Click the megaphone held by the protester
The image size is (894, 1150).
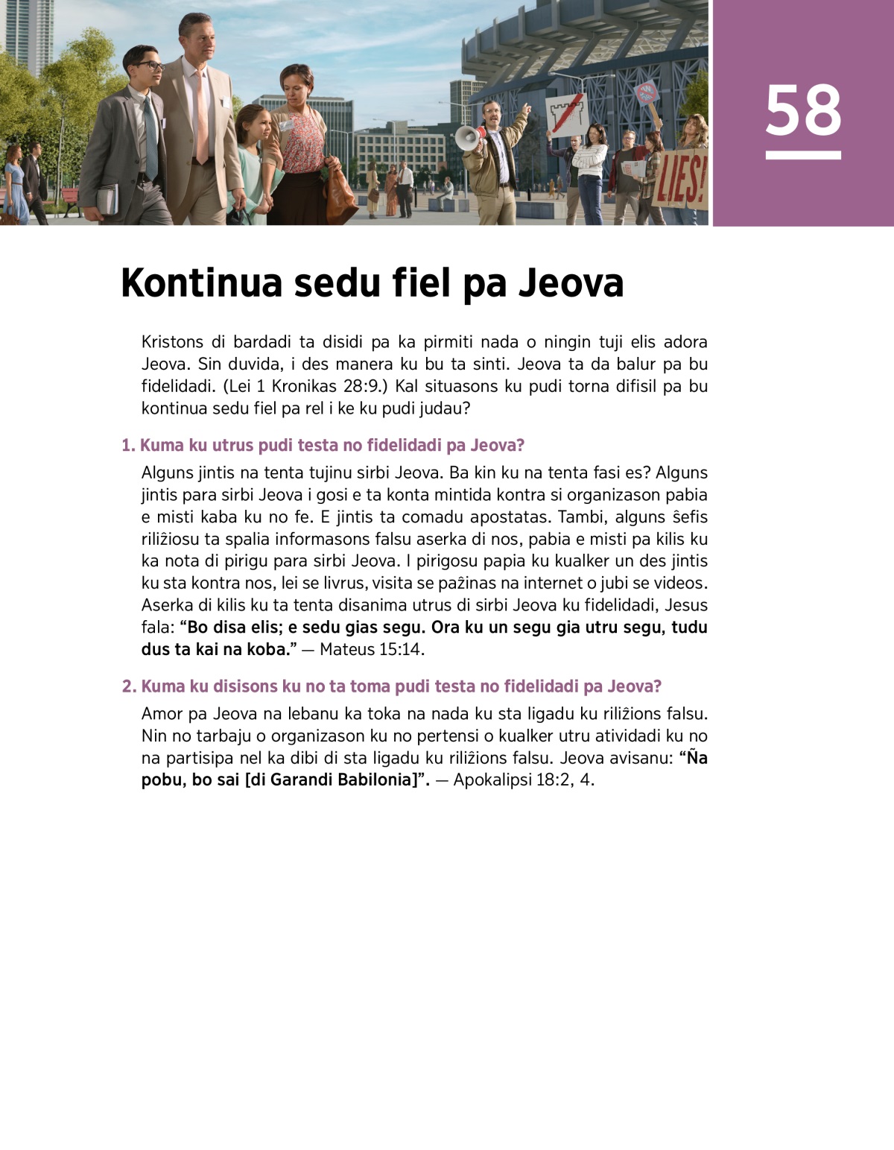(468, 137)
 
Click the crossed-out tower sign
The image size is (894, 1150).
(566, 115)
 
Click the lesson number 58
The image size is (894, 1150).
(803, 110)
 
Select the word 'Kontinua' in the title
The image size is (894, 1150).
(201, 283)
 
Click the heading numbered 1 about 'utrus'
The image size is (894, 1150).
(323, 445)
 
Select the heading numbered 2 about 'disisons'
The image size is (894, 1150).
(392, 686)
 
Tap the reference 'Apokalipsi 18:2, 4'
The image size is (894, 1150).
(524, 780)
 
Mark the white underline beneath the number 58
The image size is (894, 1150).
(803, 155)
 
